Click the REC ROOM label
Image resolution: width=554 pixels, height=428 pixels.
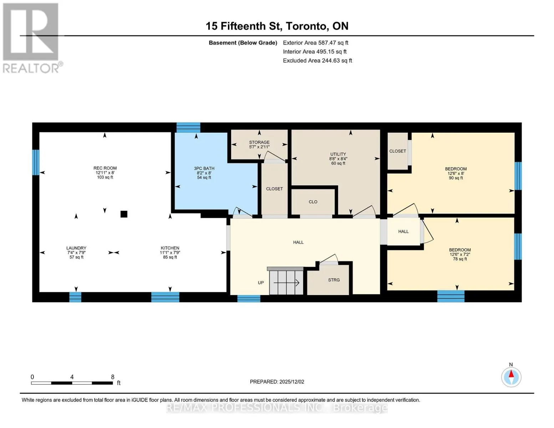coord(105,168)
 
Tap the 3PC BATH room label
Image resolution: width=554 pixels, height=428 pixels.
coord(204,168)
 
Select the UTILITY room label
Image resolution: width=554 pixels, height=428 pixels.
coord(338,154)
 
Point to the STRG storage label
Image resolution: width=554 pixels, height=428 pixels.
coord(334,280)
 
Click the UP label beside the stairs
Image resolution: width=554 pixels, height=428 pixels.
coord(261,283)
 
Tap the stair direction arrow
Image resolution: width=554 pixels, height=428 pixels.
coord(286,282)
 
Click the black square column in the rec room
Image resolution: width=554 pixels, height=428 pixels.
coord(124,214)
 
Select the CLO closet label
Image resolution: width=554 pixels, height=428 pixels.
coord(313,202)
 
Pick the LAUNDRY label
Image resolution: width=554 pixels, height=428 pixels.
coord(76,248)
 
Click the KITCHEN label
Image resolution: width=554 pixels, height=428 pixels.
coord(170,248)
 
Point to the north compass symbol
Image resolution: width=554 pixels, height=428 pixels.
coord(511,377)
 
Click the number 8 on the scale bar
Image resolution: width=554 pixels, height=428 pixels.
coord(113,377)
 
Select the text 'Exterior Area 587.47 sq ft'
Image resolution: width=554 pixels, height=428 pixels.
coord(315,43)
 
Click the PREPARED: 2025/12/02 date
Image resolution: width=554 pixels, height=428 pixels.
coord(277,382)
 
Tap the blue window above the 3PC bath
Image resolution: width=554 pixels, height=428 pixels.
coord(188,127)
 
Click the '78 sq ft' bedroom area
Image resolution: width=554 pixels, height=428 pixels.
coord(460,259)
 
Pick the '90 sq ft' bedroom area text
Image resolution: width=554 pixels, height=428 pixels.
coord(456,178)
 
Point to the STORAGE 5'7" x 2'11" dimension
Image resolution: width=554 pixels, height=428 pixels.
coord(259,147)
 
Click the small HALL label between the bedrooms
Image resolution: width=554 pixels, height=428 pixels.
coord(403,231)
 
